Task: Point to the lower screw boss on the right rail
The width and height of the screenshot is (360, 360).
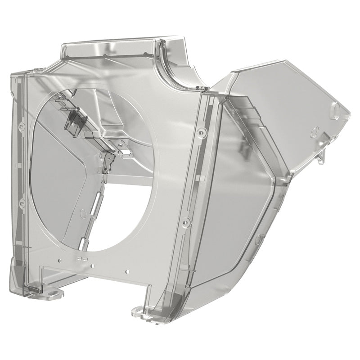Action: (184, 221)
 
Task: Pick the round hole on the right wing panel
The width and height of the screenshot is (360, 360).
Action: (315, 131)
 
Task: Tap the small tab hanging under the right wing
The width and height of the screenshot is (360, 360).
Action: (320, 155)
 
